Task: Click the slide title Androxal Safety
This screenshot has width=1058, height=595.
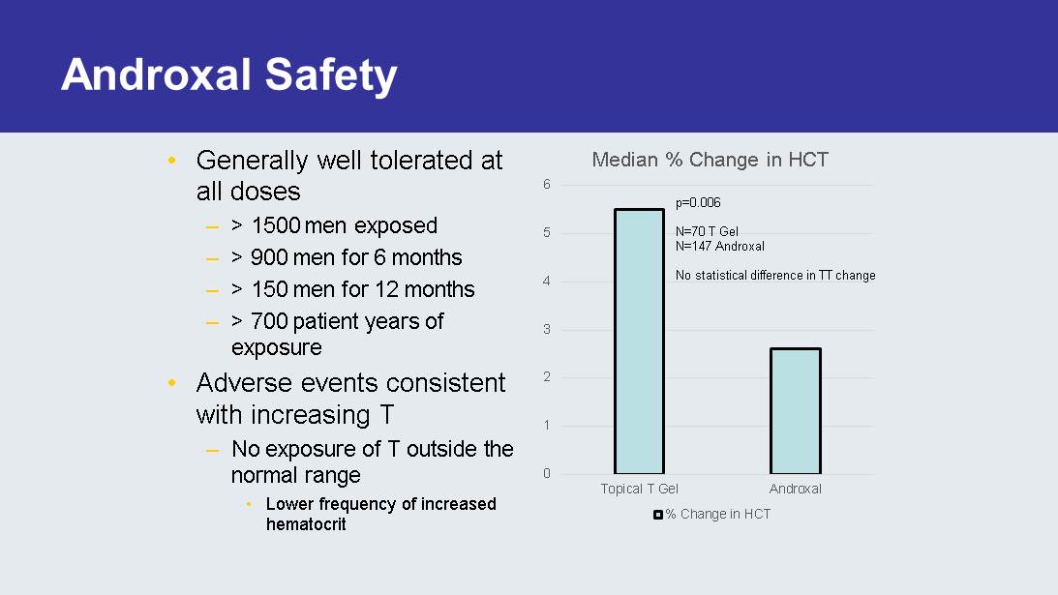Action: [x=228, y=75]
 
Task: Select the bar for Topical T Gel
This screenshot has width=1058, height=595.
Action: [x=639, y=341]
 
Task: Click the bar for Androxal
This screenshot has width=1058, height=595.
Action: [x=795, y=411]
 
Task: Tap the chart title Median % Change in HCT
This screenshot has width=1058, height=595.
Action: [x=710, y=160]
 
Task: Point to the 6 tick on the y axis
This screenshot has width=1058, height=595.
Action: [x=547, y=185]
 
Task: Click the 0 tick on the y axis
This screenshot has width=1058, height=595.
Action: [x=547, y=473]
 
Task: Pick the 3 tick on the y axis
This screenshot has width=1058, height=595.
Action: [x=547, y=329]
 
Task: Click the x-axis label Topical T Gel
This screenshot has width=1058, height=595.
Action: [x=639, y=489]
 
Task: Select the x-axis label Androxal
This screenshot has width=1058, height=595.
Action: [x=795, y=489]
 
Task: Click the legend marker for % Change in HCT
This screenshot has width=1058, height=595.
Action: [x=657, y=515]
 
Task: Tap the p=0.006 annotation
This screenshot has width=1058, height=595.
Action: [x=698, y=203]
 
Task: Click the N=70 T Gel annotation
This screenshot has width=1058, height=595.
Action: [x=707, y=232]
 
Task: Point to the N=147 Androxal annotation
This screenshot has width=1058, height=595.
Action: [x=719, y=246]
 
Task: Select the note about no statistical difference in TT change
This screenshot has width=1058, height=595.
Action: [x=774, y=276]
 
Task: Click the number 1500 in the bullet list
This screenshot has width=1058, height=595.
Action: [x=276, y=225]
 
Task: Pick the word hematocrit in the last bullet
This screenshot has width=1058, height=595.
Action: [x=306, y=524]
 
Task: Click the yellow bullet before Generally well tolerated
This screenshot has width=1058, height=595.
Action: [x=172, y=160]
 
